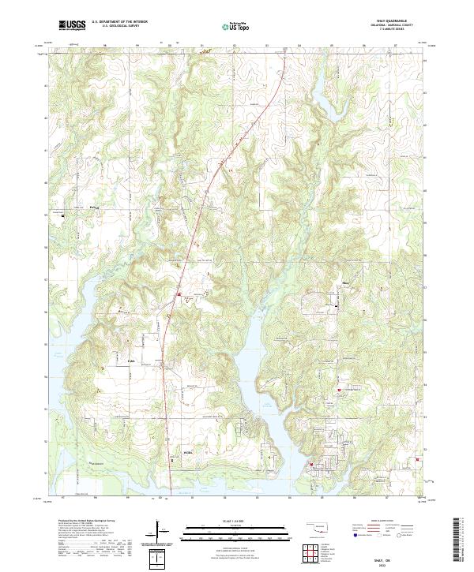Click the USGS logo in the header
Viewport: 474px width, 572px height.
click(72, 25)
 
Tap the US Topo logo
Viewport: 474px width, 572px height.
click(236, 26)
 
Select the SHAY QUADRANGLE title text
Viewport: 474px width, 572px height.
click(401, 21)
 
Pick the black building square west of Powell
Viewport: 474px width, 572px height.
click(63, 213)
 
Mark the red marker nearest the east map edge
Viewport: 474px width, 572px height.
click(417, 461)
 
